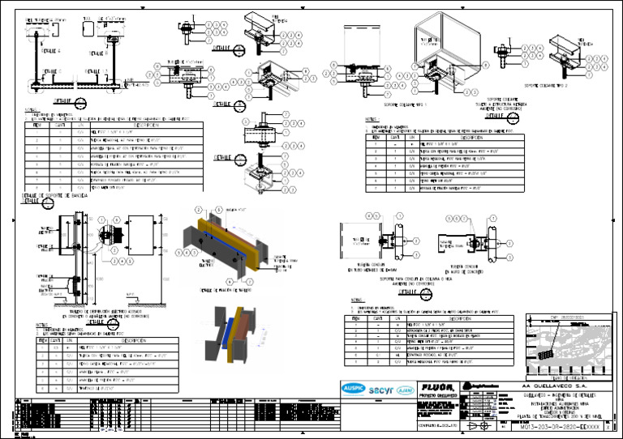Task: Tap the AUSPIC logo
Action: click(353, 386)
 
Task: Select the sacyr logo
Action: click(381, 386)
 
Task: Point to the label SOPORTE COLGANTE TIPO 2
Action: click(546, 83)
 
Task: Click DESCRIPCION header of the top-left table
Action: click(147, 126)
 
